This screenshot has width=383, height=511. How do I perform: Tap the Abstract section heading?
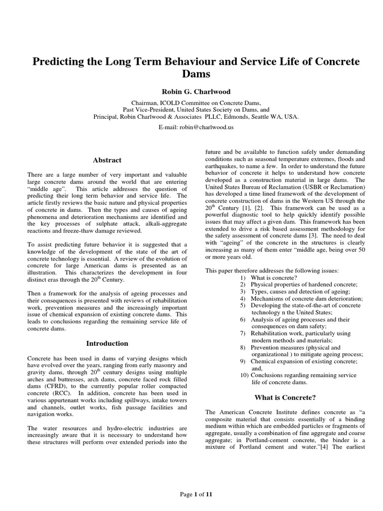[x=108, y=160]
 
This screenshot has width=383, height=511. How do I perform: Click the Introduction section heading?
[x=107, y=343]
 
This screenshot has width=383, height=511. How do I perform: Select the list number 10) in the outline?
[x=244, y=375]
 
